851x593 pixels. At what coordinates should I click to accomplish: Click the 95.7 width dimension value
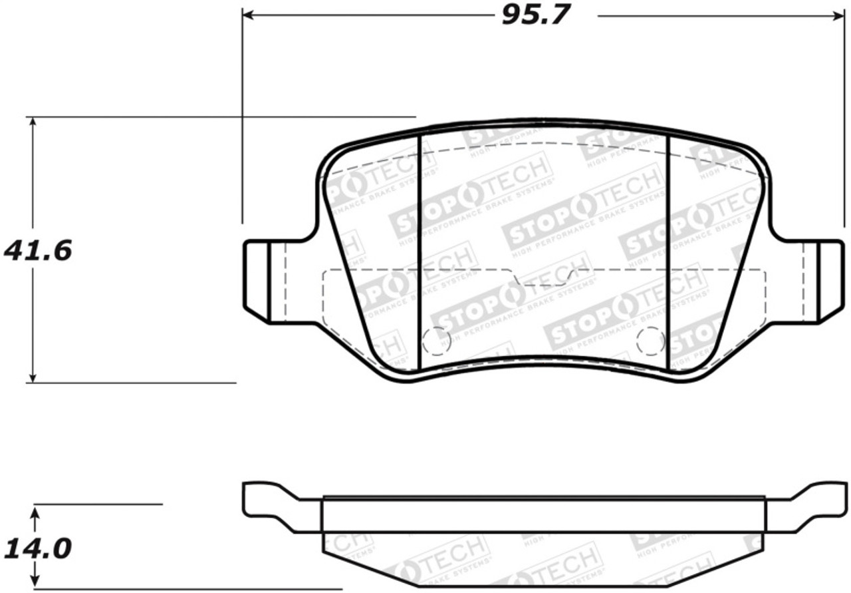coord(536,15)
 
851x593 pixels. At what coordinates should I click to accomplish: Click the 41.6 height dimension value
coord(38,251)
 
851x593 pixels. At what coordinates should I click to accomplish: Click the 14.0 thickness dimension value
coord(38,549)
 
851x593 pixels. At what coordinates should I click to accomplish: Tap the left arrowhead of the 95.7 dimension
coord(248,15)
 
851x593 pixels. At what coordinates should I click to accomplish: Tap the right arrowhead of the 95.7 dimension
coord(838,15)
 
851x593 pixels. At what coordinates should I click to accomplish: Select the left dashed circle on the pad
coord(437,341)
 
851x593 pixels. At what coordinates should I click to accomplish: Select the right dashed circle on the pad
coord(650,341)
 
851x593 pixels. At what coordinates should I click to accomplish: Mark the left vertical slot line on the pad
coord(419,253)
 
